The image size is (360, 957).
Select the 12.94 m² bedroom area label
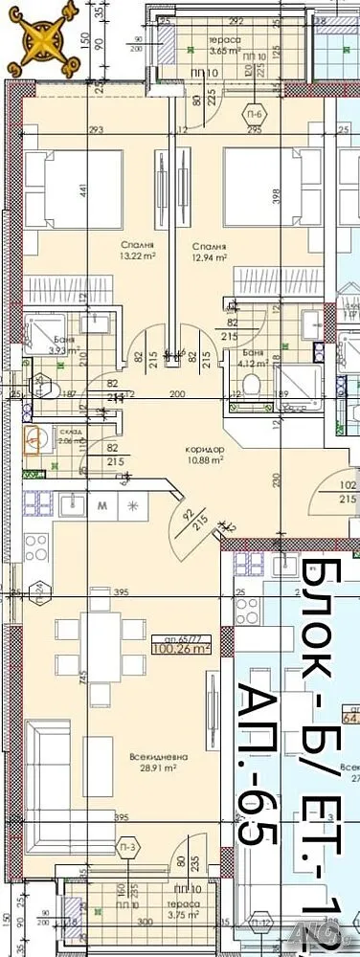click(207, 252)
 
